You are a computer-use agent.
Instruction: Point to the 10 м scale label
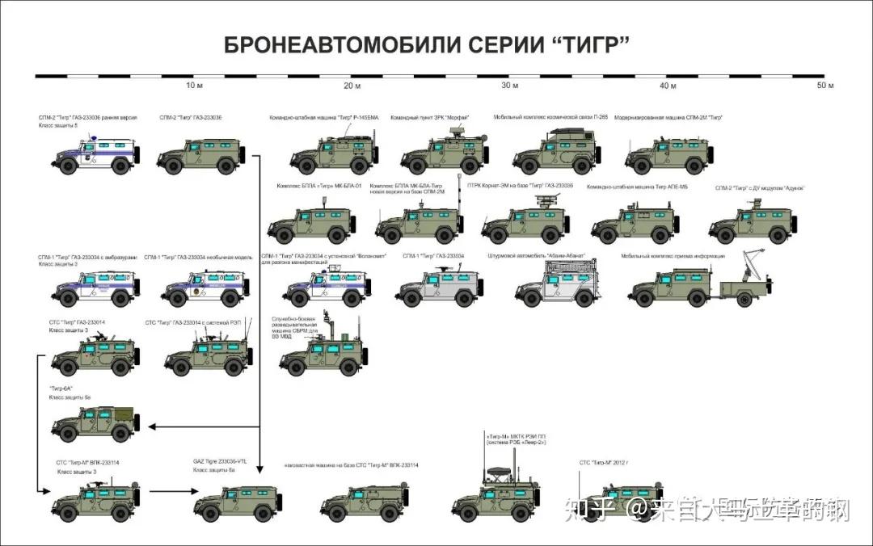pos(194,86)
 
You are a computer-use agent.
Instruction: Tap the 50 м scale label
pos(825,86)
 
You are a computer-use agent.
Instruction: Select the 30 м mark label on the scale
pos(510,86)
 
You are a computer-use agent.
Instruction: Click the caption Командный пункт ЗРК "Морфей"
pos(430,118)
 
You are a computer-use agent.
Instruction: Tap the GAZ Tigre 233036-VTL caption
pos(219,461)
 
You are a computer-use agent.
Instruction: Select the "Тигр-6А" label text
pos(61,388)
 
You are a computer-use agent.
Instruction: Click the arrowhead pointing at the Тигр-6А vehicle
pos(152,426)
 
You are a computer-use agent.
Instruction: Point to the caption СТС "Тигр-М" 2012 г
pos(609,463)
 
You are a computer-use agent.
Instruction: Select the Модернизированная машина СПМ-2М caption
pos(668,118)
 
